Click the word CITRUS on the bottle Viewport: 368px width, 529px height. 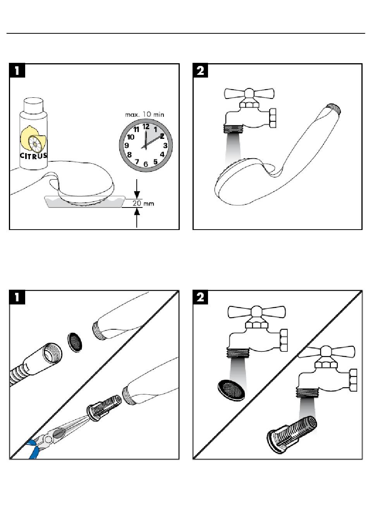34,156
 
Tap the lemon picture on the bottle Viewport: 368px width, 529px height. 34,140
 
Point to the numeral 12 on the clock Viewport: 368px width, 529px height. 146,126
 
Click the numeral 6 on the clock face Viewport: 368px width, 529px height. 146,164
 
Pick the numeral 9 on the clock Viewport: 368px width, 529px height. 127,146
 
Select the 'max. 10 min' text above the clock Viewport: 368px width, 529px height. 144,114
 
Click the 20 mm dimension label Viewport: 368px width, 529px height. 143,203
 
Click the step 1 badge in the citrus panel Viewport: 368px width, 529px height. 17,71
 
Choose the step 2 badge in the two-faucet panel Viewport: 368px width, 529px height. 201,297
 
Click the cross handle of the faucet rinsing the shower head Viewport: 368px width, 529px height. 249,93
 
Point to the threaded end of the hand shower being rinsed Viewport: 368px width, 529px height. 334,108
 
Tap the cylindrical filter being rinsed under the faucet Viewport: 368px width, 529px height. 292,430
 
